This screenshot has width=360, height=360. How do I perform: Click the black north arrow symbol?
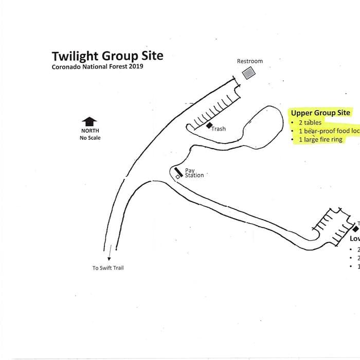click(89, 121)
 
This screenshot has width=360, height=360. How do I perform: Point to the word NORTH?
click(89, 131)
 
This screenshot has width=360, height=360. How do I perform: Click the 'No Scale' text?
click(90, 138)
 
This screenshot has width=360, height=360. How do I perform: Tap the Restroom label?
click(249, 61)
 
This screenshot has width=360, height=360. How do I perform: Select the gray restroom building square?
click(249, 73)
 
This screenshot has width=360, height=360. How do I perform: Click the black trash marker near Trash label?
click(209, 125)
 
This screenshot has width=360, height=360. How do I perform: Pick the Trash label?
click(219, 129)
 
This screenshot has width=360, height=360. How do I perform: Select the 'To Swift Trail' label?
click(108, 268)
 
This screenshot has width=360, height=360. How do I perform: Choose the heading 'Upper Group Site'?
click(320, 113)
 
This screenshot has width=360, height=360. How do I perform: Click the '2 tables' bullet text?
click(310, 123)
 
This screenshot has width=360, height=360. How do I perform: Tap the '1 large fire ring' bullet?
click(320, 139)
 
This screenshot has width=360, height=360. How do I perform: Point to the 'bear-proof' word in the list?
click(319, 131)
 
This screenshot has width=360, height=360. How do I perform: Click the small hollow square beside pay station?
click(177, 177)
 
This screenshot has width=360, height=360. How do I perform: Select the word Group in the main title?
click(122, 56)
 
